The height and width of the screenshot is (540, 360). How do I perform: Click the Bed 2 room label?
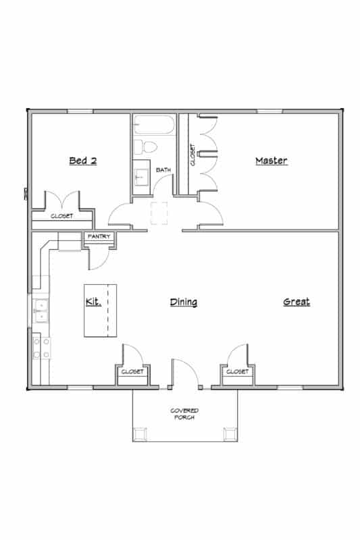tap(83, 161)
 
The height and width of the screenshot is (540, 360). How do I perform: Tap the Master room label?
tap(271, 161)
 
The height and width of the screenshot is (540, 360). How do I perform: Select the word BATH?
tap(163, 170)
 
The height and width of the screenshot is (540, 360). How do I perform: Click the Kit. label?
tap(93, 302)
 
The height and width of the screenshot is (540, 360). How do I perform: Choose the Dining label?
tap(183, 302)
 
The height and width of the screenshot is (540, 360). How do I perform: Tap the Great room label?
tap(296, 302)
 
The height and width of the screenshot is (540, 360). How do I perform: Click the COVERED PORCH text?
tap(184, 414)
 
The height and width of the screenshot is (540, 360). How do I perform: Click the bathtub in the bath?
tap(155, 126)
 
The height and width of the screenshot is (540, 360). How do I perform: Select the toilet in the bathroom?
tap(144, 146)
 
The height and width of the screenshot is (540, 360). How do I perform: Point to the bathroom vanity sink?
tap(141, 177)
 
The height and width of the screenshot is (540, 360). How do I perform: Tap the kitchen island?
tap(100, 310)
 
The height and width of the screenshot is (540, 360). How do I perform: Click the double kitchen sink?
tap(41, 310)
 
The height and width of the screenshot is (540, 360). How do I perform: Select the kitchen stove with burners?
tap(40, 347)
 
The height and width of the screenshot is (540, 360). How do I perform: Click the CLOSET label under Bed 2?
tap(62, 217)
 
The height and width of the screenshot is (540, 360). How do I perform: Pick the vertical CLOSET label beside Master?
tap(193, 155)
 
